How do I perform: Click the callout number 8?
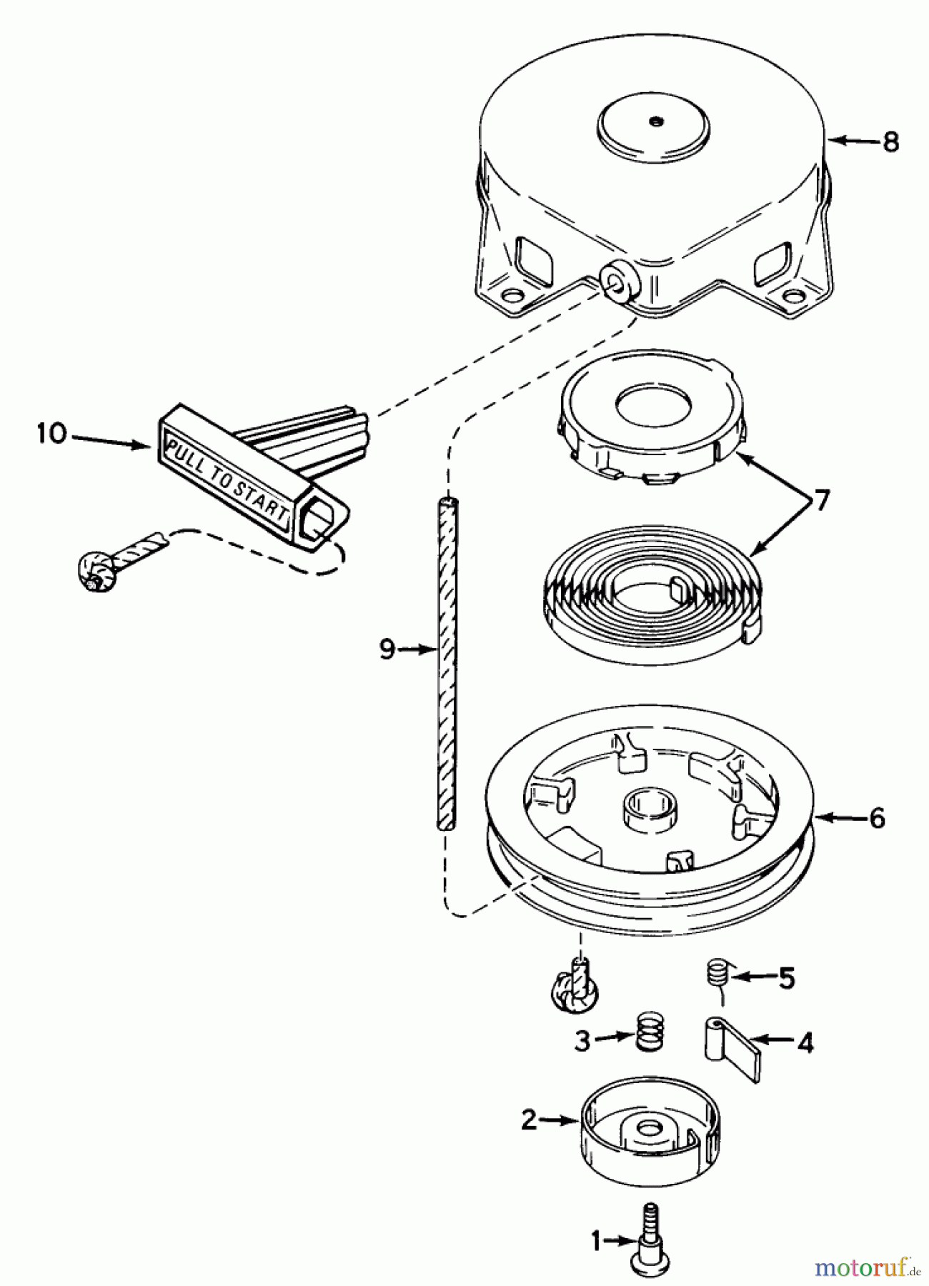890,141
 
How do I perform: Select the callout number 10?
51,434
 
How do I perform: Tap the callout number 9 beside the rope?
387,649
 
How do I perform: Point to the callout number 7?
822,501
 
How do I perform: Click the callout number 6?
877,818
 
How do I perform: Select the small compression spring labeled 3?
650,1032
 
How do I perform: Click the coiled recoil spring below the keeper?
650,593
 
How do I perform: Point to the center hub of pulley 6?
650,809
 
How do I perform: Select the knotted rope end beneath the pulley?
573,990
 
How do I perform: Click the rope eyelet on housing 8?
620,280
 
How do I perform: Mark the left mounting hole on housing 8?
512,294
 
